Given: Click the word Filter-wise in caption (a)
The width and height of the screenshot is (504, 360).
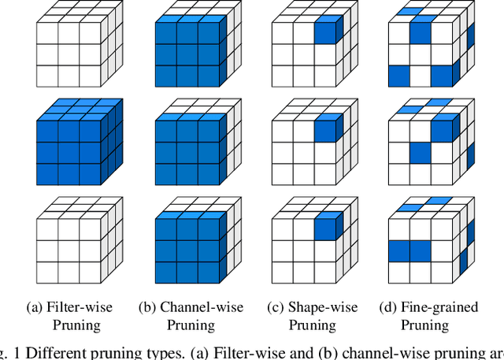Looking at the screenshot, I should pyautogui.click(x=78, y=307).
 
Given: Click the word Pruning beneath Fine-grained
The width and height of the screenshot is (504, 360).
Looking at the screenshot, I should pyautogui.click(x=424, y=325).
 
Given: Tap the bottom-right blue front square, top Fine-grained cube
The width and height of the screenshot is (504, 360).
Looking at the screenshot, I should pyautogui.click(x=443, y=76).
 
